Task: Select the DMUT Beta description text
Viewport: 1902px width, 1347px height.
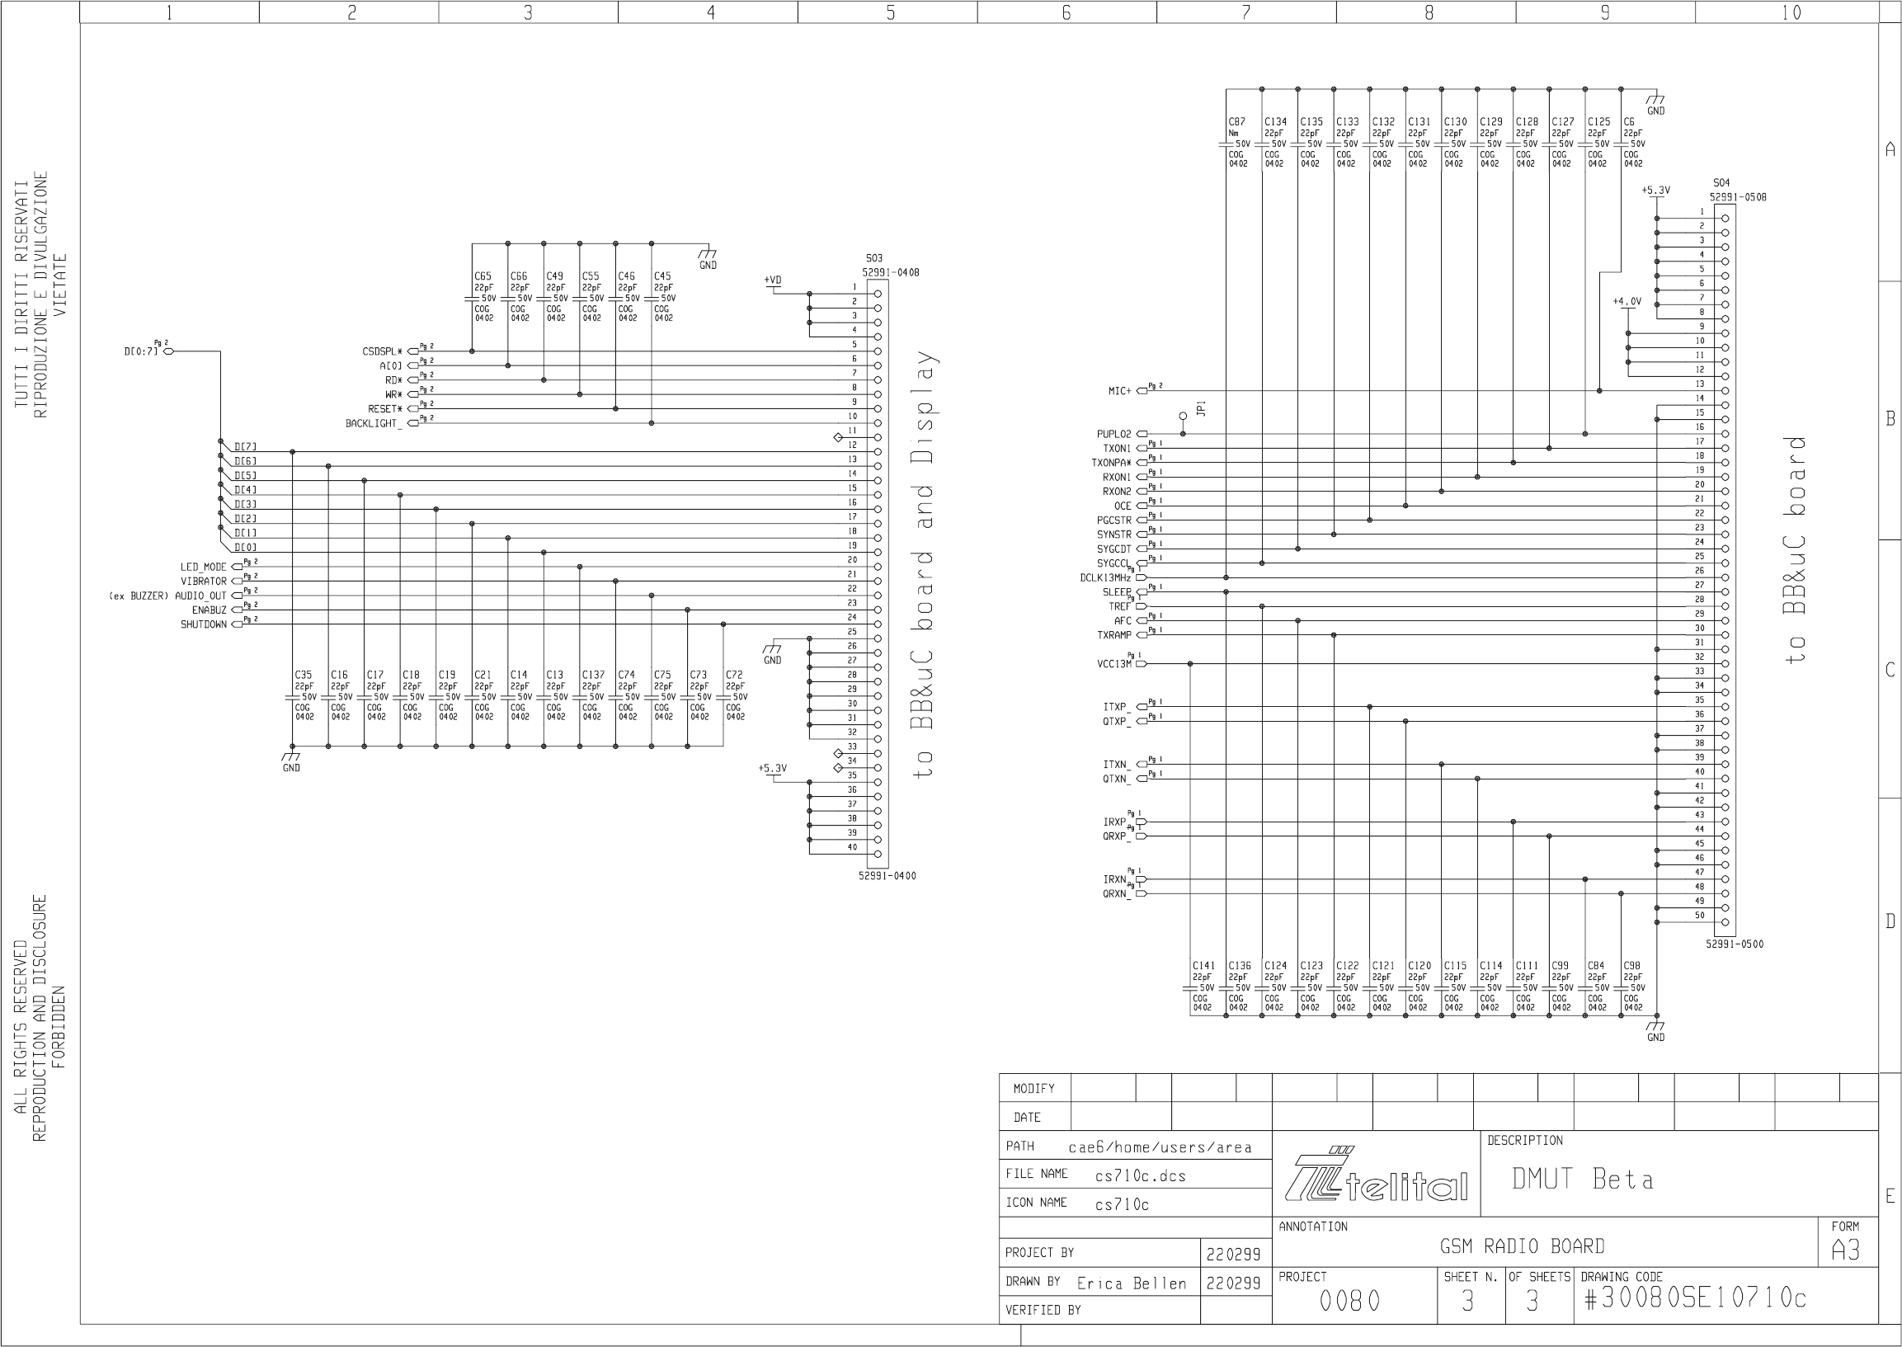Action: tap(1582, 1180)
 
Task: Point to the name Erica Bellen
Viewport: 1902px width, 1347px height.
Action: tap(1132, 1284)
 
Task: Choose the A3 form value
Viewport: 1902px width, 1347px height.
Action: tap(1846, 1250)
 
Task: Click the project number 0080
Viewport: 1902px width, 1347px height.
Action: tap(1349, 1302)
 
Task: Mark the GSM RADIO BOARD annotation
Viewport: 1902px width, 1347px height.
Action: tap(1522, 1246)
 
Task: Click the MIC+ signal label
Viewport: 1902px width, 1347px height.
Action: tap(1120, 391)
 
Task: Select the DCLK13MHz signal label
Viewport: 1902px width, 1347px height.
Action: tap(1105, 578)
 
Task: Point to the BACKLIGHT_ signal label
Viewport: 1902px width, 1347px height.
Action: tap(374, 424)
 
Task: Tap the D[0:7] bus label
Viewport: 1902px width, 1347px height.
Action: tap(140, 351)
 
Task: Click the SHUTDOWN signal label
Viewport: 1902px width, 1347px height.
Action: tap(203, 624)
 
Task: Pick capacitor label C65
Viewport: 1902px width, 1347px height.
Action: tap(483, 276)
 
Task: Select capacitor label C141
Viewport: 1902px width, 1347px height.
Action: tap(1203, 965)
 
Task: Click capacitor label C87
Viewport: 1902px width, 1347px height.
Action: tap(1236, 122)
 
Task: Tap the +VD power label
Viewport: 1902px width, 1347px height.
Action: tap(772, 280)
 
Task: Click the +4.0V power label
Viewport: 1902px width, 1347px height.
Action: tap(1627, 302)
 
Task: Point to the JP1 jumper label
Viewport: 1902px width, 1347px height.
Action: tap(1201, 408)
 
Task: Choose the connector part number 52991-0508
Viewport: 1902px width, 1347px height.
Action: tap(1738, 197)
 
